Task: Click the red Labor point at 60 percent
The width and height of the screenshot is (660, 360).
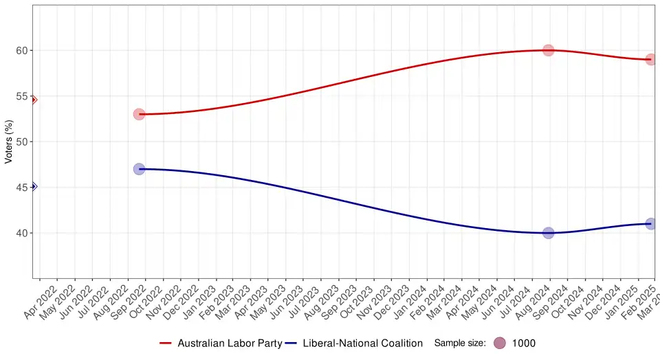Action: (x=548, y=50)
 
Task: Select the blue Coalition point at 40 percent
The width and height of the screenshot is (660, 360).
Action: (x=548, y=233)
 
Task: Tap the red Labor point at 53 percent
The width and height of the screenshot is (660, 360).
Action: (x=139, y=114)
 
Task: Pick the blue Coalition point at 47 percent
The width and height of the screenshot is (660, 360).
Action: (x=139, y=168)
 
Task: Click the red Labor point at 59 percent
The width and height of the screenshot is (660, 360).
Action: (x=650, y=60)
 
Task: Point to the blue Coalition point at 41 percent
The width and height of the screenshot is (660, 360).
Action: (x=650, y=224)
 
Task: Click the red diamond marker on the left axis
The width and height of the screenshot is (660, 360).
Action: (x=33, y=100)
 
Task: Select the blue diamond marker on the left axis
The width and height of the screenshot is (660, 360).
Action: (x=33, y=186)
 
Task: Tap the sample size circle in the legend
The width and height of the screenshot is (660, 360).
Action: (x=500, y=343)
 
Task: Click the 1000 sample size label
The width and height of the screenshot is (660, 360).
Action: (x=524, y=343)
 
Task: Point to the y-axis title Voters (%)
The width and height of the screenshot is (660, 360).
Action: (x=9, y=142)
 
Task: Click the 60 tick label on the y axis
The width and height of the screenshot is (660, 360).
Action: (x=21, y=50)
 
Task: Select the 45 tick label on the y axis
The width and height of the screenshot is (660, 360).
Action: (x=21, y=187)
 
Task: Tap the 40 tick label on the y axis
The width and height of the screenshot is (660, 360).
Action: (x=21, y=233)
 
